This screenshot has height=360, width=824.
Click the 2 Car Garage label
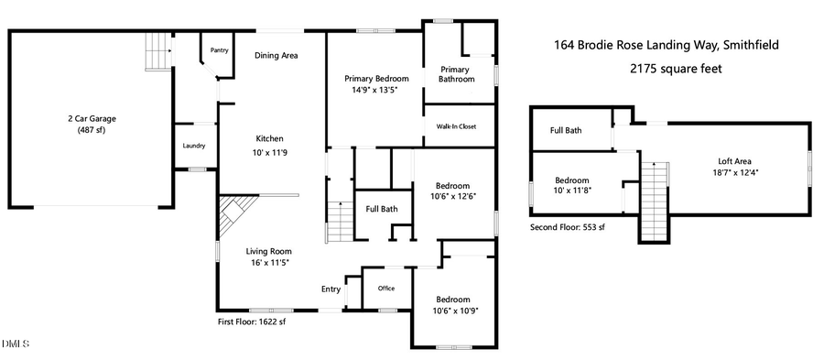pyautogui.click(x=91, y=118)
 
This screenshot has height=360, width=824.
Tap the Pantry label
pyautogui.click(x=220, y=50)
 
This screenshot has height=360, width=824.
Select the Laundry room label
pyautogui.click(x=194, y=146)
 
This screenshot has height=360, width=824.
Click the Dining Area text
pyautogui.click(x=276, y=56)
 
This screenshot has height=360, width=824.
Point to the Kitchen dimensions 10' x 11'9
pyautogui.click(x=269, y=152)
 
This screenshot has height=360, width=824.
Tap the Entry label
pyautogui.click(x=330, y=289)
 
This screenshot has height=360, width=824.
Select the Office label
pyautogui.click(x=386, y=289)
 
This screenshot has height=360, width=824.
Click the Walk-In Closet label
pyautogui.click(x=455, y=126)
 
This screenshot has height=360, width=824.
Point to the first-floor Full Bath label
pyautogui.click(x=382, y=209)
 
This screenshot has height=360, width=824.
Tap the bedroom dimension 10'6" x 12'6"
pyautogui.click(x=452, y=195)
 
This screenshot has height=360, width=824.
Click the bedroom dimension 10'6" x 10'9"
pyautogui.click(x=452, y=310)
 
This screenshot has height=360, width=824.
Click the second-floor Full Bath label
pyautogui.click(x=566, y=130)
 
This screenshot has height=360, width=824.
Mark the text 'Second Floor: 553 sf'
pyautogui.click(x=568, y=226)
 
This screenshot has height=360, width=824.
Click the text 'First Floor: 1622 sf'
pyautogui.click(x=252, y=322)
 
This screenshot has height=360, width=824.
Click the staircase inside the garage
pyautogui.click(x=158, y=53)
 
